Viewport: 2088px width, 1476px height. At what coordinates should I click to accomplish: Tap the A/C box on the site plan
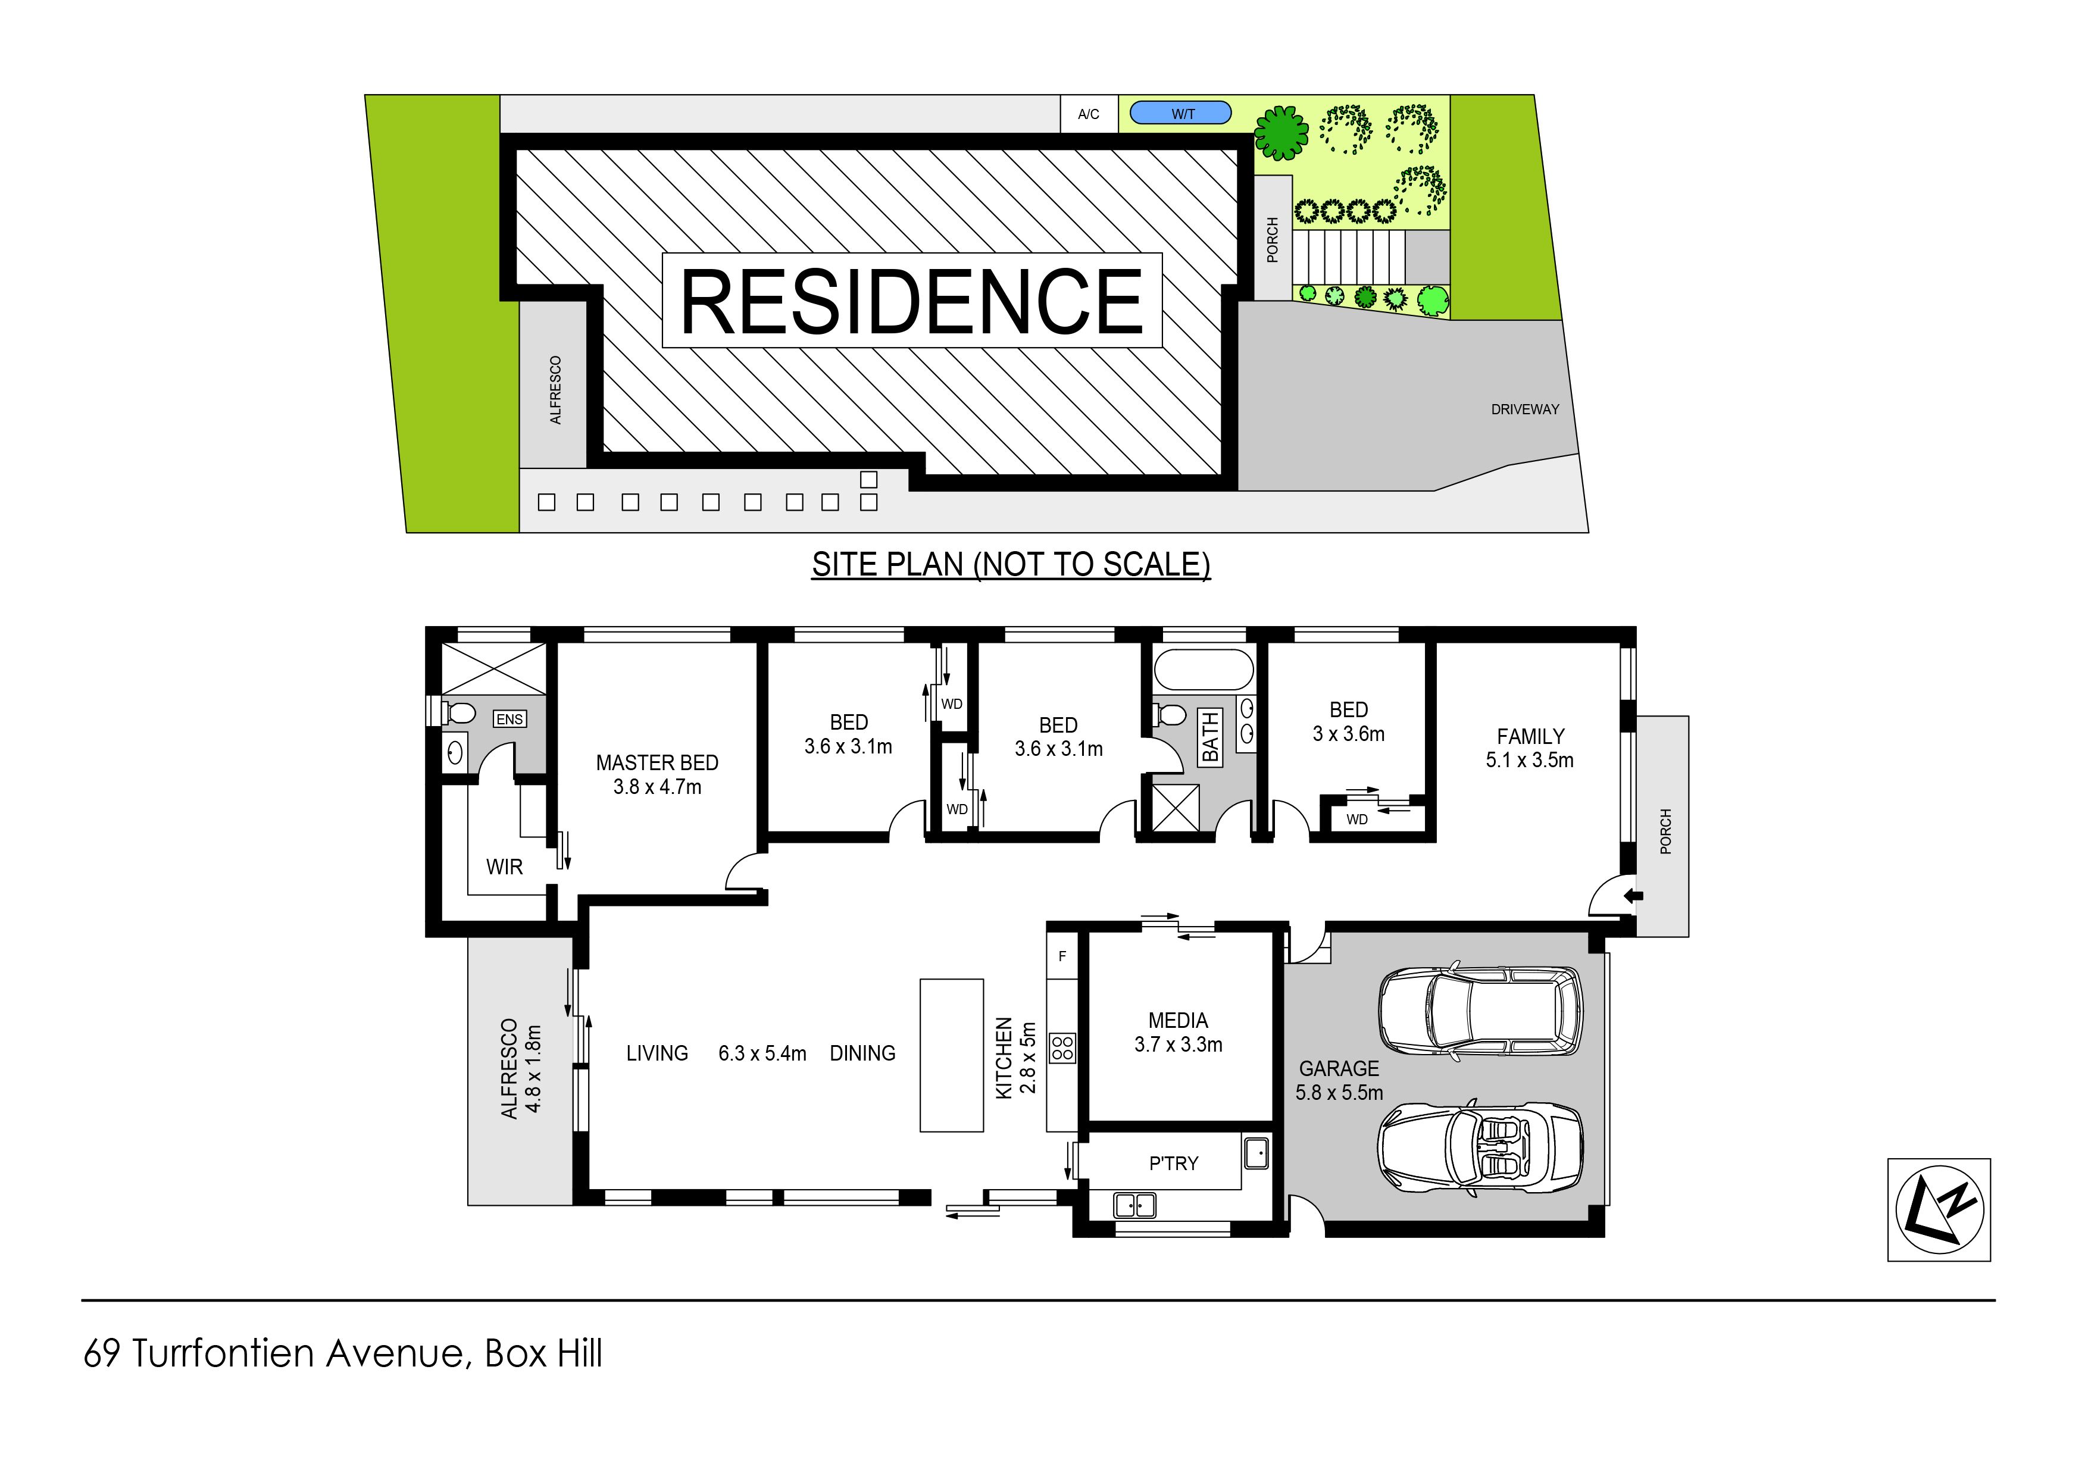1089,114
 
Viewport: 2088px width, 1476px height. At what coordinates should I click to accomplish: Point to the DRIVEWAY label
1525,409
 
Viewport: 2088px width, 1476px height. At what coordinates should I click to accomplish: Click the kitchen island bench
951,1055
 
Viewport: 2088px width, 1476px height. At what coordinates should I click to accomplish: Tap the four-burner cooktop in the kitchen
1062,1047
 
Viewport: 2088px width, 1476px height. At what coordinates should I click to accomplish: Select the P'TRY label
1174,1163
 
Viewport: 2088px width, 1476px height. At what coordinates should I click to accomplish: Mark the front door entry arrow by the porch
1633,897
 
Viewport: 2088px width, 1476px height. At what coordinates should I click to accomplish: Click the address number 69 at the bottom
102,1353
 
